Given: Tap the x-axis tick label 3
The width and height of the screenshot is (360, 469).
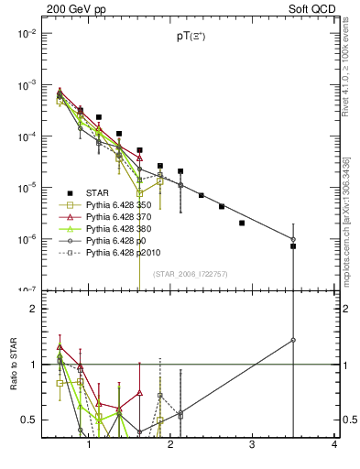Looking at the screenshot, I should [x=253, y=445].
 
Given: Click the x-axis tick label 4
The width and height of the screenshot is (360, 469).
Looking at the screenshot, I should [x=334, y=445].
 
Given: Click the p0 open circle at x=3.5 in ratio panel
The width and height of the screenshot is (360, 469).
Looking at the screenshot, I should [x=293, y=340].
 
